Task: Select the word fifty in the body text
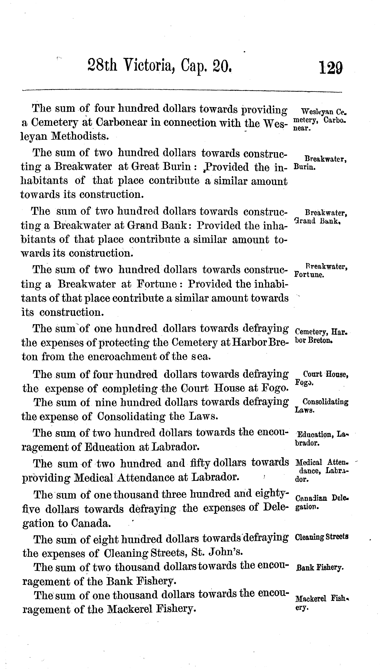(x=200, y=463)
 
